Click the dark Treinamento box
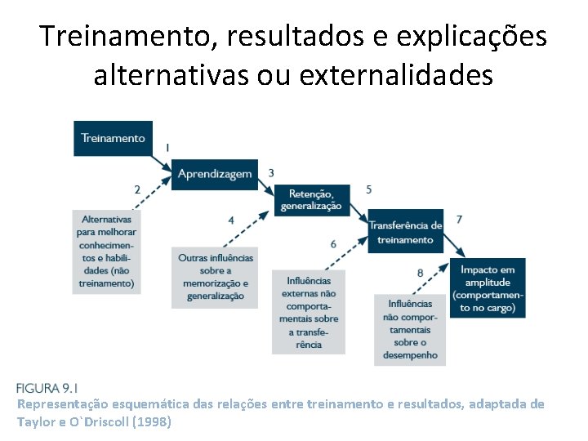(x=113, y=138)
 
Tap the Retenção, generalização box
(x=311, y=200)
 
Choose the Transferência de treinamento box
(x=405, y=232)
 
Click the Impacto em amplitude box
(x=488, y=288)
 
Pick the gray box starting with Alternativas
(x=107, y=251)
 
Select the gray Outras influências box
(x=216, y=277)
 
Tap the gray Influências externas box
(x=309, y=311)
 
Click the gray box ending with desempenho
(x=410, y=329)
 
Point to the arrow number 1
(x=167, y=148)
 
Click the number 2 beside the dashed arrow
(x=137, y=189)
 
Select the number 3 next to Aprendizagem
(x=270, y=173)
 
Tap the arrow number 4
(x=231, y=220)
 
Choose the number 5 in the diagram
(x=369, y=189)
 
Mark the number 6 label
(x=333, y=243)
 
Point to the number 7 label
(x=460, y=219)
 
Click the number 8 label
(x=420, y=273)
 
